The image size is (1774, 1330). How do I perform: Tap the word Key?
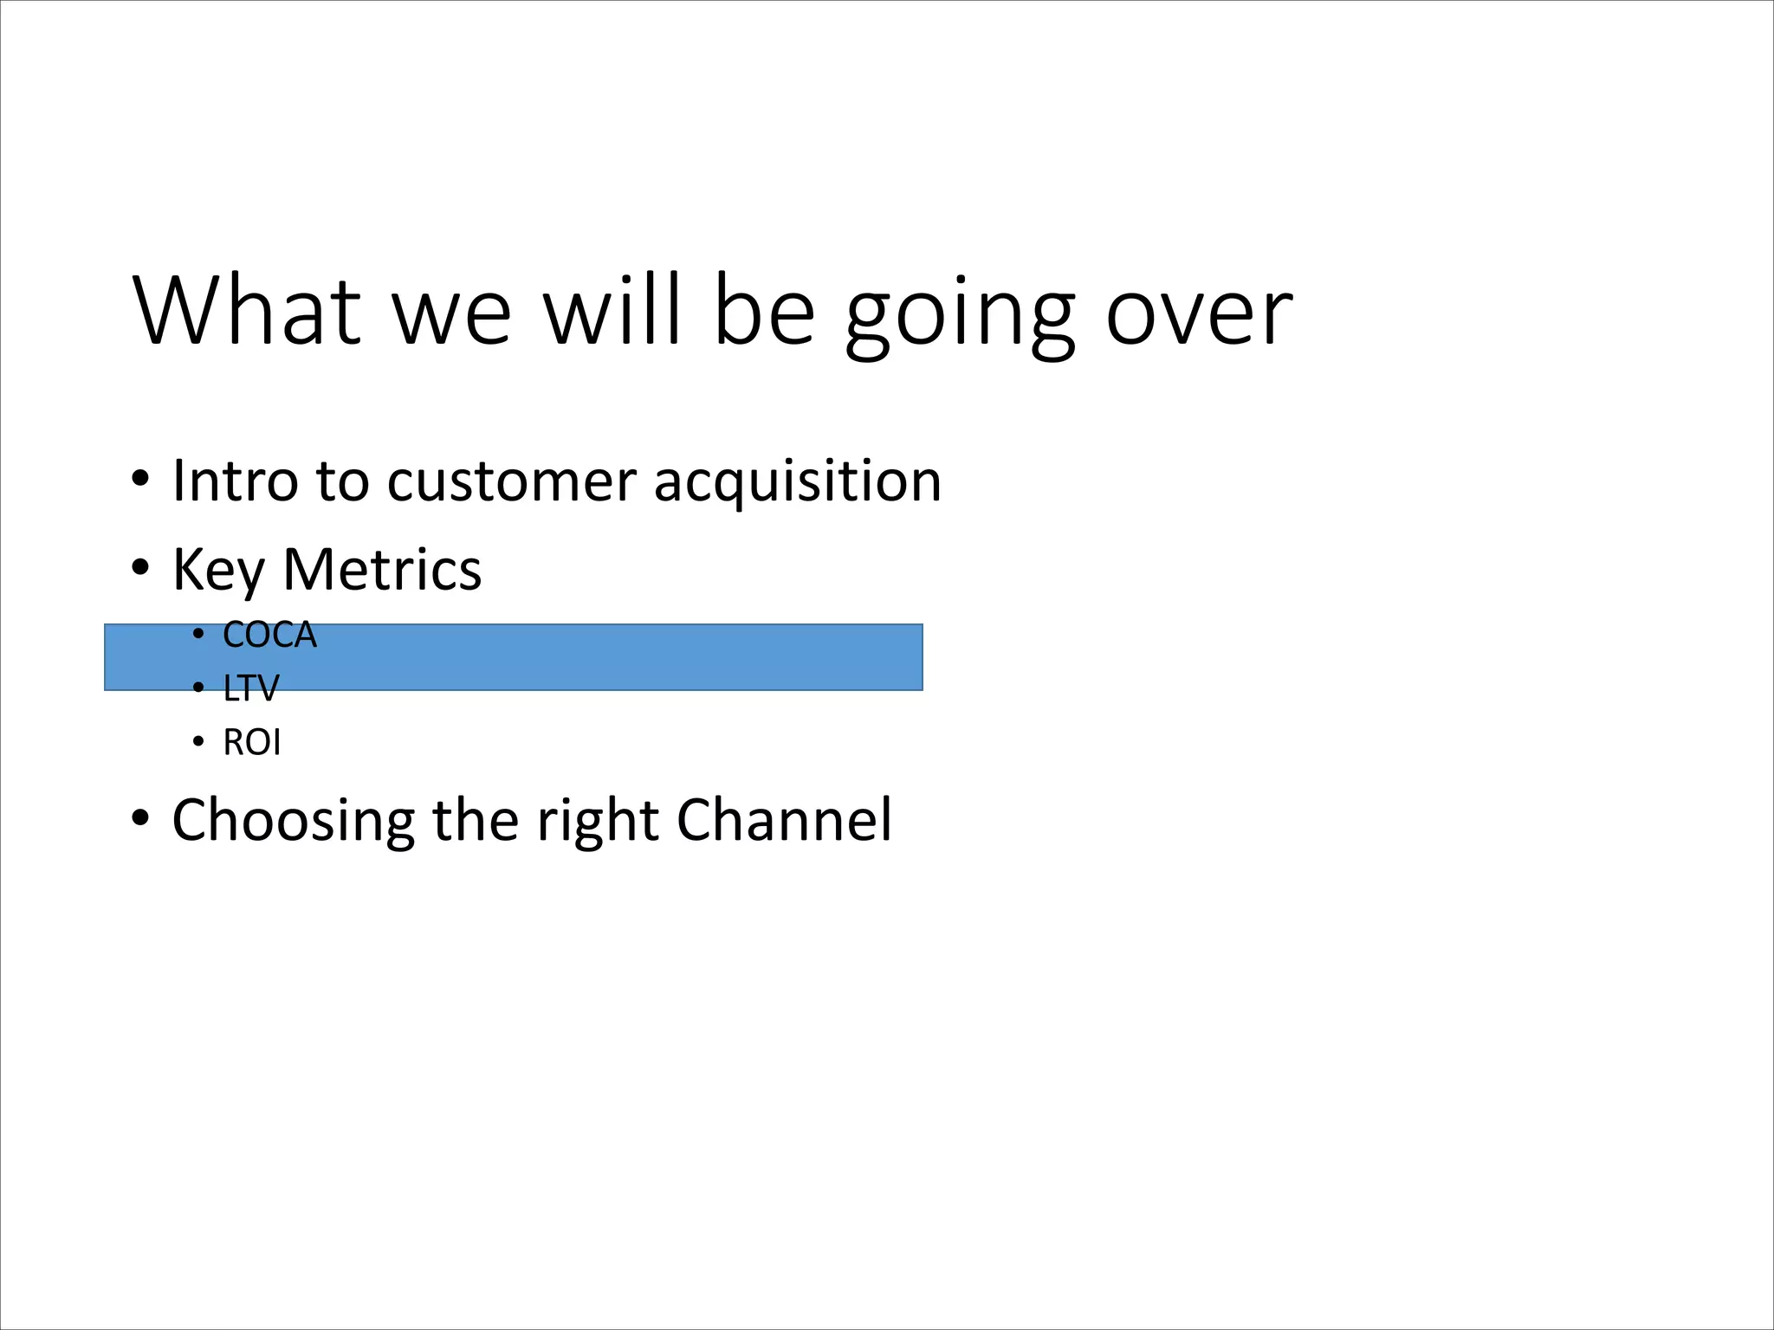(218, 570)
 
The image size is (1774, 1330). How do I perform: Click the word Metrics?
(382, 570)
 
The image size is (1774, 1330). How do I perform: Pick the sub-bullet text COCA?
(269, 636)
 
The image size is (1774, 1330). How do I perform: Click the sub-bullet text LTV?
(250, 689)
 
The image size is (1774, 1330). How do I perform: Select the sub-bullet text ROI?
(251, 743)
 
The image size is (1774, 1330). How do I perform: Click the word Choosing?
(293, 821)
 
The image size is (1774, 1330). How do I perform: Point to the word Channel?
(783, 819)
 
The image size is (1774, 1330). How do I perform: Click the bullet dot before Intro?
(141, 479)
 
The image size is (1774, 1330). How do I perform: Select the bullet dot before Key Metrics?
(141, 568)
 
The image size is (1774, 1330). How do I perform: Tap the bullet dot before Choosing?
(141, 817)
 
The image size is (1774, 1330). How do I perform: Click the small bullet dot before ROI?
(198, 742)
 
